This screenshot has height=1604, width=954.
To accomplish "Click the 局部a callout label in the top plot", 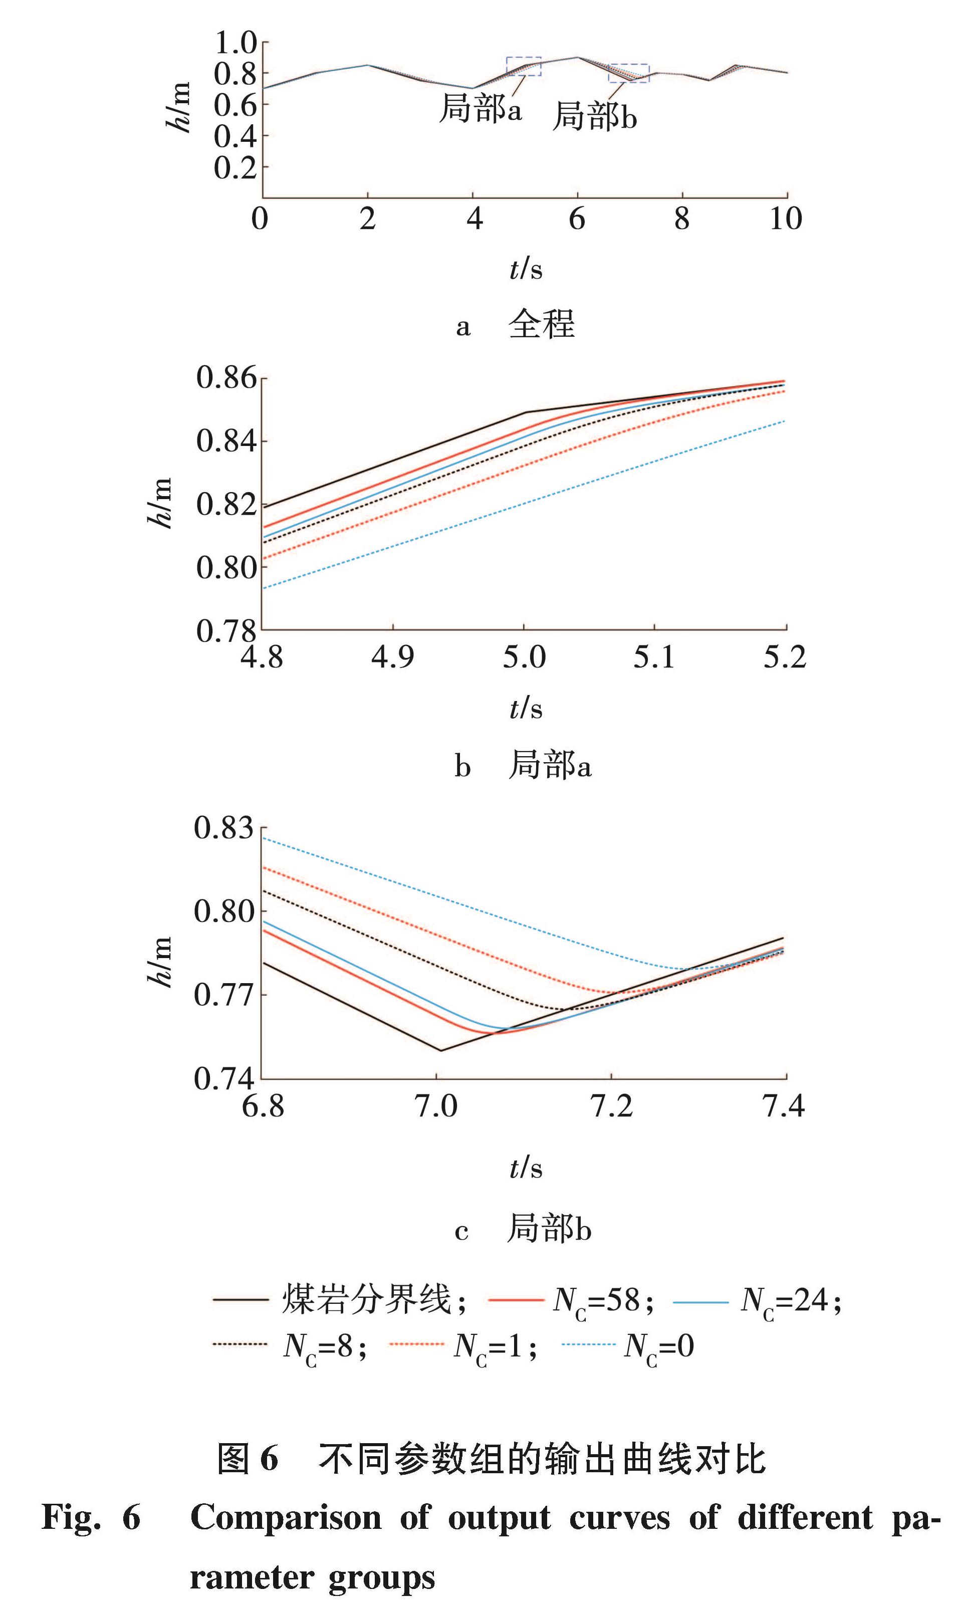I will [x=480, y=109].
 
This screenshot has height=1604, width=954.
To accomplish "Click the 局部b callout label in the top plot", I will [x=595, y=116].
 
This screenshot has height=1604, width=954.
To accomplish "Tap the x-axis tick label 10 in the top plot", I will [x=786, y=219].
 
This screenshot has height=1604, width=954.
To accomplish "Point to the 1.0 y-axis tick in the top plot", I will [x=235, y=43].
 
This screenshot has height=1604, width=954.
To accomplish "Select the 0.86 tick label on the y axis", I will [x=226, y=378].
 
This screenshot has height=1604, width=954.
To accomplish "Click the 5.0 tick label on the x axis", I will [x=524, y=657].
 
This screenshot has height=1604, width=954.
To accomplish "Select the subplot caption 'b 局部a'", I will [x=523, y=765].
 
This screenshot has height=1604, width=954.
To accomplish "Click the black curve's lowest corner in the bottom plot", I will [x=441, y=1050].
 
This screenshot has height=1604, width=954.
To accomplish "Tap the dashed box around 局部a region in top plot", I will [x=523, y=66].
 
